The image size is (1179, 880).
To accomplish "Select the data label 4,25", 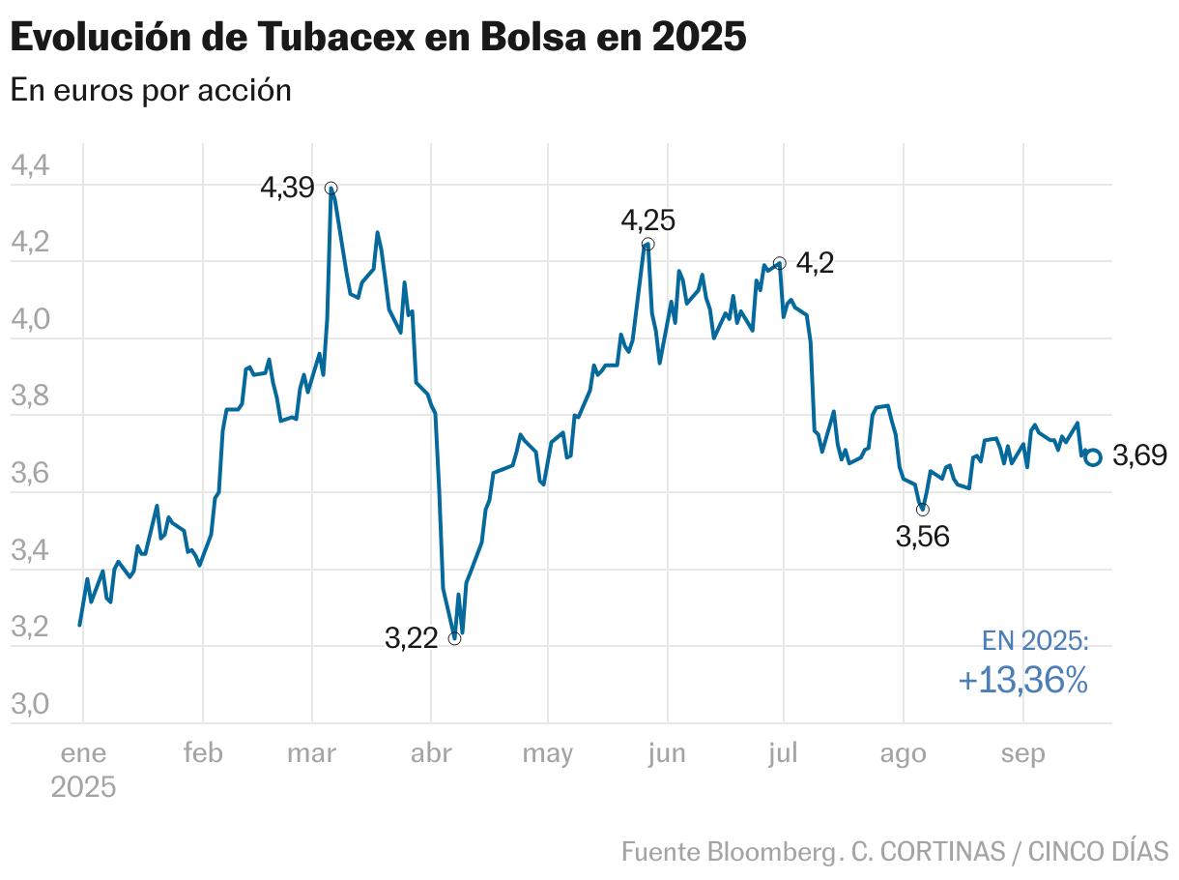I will click(647, 220).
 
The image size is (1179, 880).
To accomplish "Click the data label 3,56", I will click(922, 537).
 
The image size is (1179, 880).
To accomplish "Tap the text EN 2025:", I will click(1034, 641).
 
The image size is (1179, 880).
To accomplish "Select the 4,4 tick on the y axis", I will click(29, 166).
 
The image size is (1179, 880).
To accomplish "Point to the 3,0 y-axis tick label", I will click(29, 705).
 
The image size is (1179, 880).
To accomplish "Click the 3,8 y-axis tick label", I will click(29, 397).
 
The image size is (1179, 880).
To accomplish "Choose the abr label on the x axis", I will click(431, 754).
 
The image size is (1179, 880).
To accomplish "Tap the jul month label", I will click(783, 754).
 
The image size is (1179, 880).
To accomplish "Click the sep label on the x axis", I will click(1022, 754).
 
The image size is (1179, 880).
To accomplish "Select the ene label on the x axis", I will click(83, 754).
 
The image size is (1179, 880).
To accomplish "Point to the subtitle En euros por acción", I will click(151, 90).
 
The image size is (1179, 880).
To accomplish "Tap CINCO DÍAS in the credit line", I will click(1098, 852).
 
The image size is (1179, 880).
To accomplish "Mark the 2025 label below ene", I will click(83, 787).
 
